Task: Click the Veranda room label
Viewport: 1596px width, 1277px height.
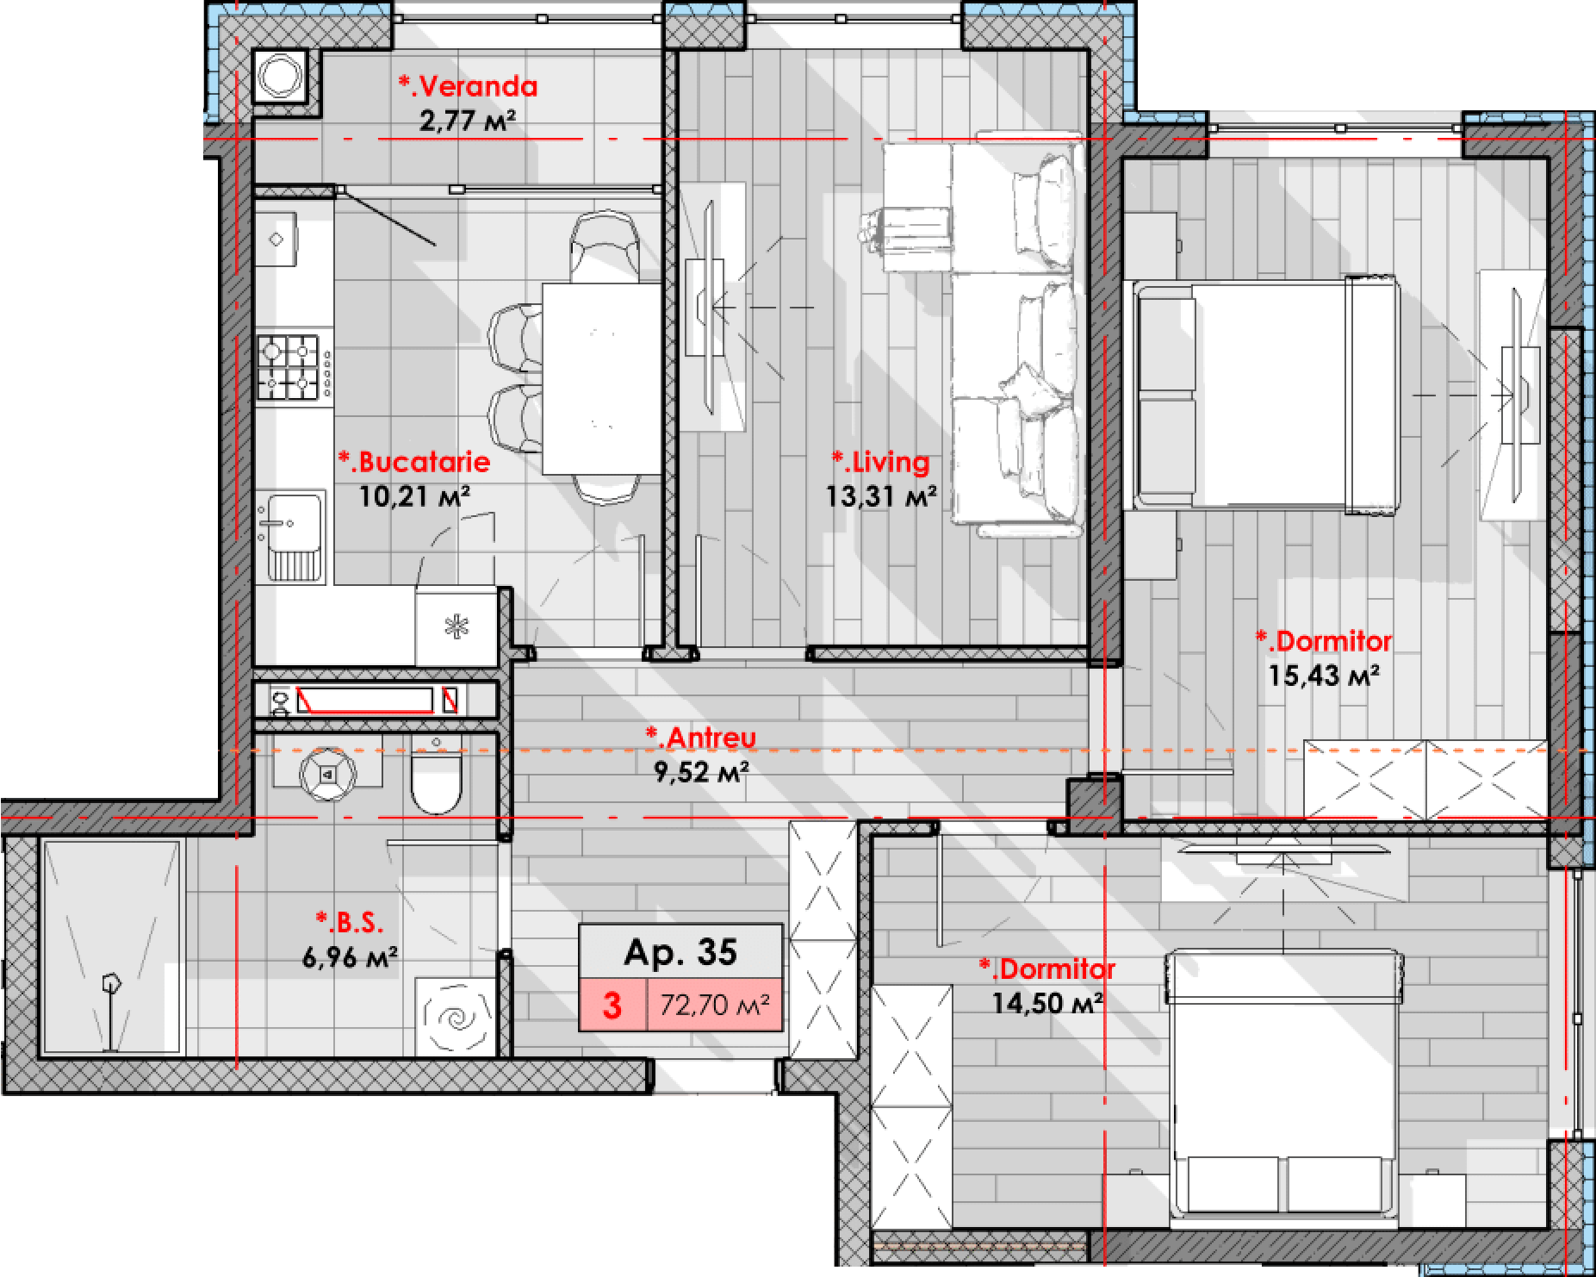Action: point(468,85)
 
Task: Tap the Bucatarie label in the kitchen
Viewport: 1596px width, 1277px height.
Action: point(414,462)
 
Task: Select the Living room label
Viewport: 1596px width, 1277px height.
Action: point(880,462)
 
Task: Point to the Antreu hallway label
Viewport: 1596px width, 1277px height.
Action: point(701,738)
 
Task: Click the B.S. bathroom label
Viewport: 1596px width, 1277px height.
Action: point(350,923)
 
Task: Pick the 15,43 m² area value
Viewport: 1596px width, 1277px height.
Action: point(1323,676)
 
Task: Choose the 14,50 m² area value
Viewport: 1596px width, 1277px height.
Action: point(1047,1003)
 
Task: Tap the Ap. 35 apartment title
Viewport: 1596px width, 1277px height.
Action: point(680,952)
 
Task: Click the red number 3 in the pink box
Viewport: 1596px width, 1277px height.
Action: point(612,1006)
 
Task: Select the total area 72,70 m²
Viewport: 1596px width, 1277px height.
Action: point(715,1005)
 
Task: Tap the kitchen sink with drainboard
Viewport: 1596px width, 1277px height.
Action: point(291,536)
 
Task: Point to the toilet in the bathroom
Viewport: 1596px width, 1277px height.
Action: point(437,773)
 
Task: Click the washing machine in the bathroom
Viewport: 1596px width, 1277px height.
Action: point(456,1017)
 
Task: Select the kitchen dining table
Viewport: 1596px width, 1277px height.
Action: point(601,378)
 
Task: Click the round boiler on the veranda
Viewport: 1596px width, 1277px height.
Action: point(279,76)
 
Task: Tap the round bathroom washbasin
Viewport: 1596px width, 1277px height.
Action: point(327,775)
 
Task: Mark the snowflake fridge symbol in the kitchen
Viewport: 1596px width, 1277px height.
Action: point(456,626)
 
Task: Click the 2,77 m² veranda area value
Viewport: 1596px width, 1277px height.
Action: point(468,121)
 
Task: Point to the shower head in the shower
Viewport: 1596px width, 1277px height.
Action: point(111,983)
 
